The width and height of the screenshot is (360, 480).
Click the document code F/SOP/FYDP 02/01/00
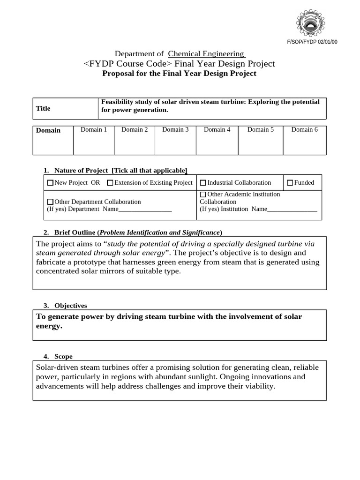(x=312, y=42)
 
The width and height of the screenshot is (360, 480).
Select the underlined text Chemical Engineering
(x=206, y=54)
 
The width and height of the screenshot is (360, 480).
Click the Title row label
(x=43, y=109)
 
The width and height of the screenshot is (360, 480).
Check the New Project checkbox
(x=51, y=183)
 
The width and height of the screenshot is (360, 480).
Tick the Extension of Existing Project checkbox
(x=110, y=183)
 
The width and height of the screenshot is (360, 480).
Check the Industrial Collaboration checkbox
(x=203, y=183)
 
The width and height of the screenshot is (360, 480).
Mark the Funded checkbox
(x=290, y=183)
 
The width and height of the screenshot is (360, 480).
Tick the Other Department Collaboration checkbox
(x=51, y=202)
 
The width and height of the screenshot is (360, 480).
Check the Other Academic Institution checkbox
(x=203, y=195)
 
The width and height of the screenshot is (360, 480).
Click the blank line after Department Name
(x=145, y=210)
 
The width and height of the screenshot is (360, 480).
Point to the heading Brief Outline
(x=75, y=232)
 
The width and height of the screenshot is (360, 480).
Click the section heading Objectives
(x=70, y=306)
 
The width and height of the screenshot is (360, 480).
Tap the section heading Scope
(x=63, y=357)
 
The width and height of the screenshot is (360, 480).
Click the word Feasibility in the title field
(x=117, y=102)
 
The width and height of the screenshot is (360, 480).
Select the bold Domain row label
(x=48, y=131)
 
